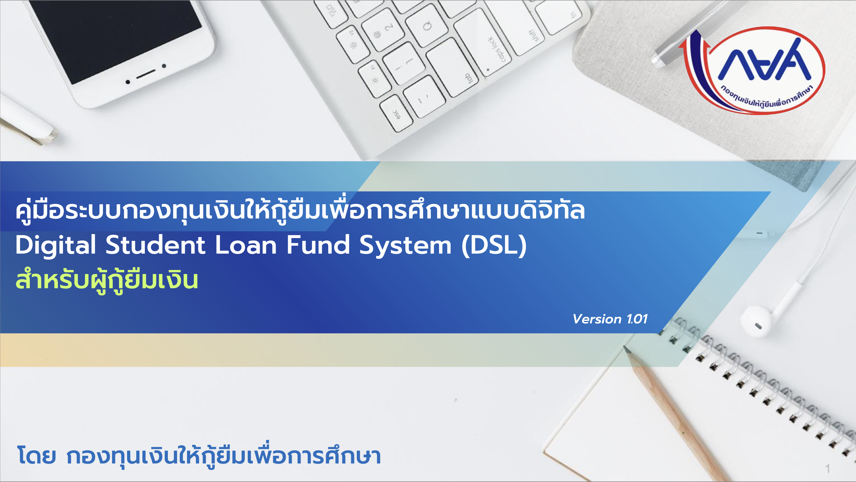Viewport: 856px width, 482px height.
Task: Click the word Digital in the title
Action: [x=56, y=246]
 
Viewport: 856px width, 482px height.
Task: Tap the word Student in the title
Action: [x=155, y=245]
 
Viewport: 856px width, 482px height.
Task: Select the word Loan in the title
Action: [x=246, y=245]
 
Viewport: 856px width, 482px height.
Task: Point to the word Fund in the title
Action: [x=318, y=245]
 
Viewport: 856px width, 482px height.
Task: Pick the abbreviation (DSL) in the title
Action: [x=494, y=246]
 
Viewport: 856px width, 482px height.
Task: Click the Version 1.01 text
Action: [x=610, y=319]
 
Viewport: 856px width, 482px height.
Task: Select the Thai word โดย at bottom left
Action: [x=36, y=456]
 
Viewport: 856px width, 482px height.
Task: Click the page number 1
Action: [x=828, y=469]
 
